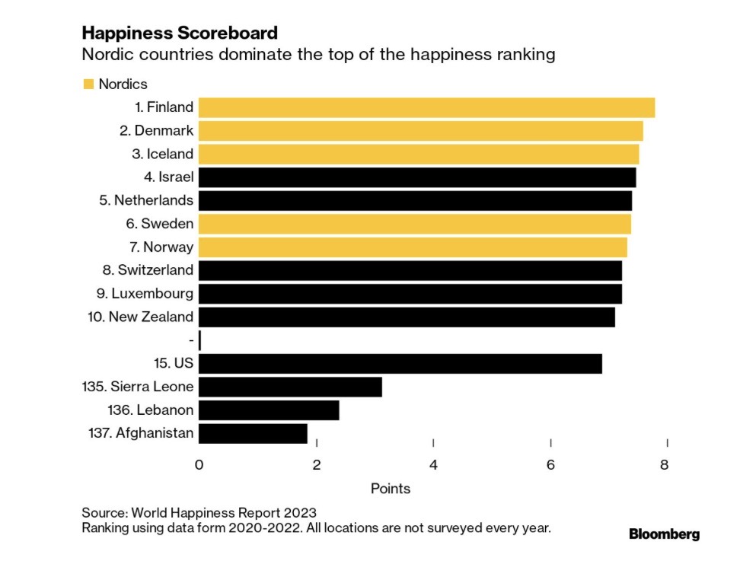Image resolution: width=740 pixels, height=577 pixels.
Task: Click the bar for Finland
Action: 426,107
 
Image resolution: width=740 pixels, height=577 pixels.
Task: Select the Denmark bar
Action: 420,131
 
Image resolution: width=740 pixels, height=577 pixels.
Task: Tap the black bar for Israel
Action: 417,177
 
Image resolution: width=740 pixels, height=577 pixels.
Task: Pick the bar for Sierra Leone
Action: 290,387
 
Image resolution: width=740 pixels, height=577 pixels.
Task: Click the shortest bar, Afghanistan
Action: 253,434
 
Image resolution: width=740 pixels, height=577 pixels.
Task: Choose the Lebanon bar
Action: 269,410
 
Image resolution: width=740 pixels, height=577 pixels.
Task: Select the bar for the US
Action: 400,363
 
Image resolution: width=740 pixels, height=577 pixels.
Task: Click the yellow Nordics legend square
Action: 88,84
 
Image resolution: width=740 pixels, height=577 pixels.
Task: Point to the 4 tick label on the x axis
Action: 433,464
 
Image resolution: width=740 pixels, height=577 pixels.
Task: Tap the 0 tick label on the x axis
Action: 199,464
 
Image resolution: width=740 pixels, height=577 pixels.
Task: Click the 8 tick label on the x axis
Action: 665,464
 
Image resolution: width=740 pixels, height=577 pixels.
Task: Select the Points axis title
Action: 391,489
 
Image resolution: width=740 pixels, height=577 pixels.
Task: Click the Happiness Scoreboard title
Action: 179,33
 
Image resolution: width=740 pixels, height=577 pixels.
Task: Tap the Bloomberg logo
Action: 664,534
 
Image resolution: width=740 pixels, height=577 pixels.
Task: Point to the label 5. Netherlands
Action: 146,201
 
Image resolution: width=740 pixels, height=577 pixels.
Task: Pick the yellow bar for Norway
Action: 413,247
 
